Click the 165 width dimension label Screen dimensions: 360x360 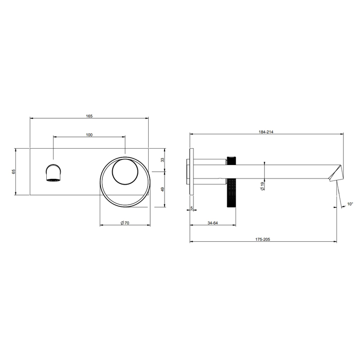coord(89,116)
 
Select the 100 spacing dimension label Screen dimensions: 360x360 coord(89,135)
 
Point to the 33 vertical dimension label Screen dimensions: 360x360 coord(163,160)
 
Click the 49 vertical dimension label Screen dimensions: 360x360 coord(163,189)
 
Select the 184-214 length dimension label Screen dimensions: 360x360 coord(266,132)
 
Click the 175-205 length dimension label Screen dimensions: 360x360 coord(266,239)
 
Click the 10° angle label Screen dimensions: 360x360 coord(350,204)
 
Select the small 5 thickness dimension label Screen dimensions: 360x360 coord(191,208)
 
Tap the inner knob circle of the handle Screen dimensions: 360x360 coord(124,171)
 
